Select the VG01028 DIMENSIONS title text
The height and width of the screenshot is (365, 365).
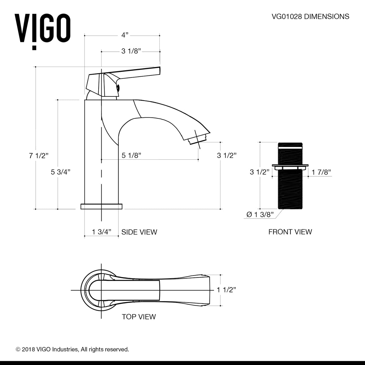[310, 16]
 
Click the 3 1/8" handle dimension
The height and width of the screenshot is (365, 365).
[131, 51]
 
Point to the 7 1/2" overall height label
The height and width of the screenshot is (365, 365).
[39, 156]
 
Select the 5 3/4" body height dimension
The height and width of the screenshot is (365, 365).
[61, 172]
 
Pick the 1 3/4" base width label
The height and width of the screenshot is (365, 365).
[101, 232]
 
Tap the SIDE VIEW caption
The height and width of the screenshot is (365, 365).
[139, 232]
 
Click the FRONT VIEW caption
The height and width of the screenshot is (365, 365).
[290, 232]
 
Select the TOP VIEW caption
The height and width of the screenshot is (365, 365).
[139, 317]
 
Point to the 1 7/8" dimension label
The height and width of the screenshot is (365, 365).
[321, 172]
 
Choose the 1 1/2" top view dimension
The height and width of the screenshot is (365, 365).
[227, 290]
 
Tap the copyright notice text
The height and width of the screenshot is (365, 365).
[72, 349]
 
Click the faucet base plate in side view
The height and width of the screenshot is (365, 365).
[101, 207]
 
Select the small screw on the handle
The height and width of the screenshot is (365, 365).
[118, 89]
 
